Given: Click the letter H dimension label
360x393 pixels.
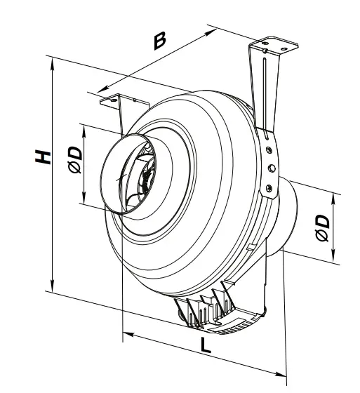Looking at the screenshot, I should pyautogui.click(x=44, y=156).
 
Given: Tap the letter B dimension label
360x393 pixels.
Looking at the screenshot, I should pyautogui.click(x=160, y=41).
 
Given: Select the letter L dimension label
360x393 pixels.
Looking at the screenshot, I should pyautogui.click(x=204, y=345).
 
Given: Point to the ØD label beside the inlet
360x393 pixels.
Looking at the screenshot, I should pyautogui.click(x=75, y=161).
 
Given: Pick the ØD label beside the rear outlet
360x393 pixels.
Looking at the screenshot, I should pyautogui.click(x=323, y=227).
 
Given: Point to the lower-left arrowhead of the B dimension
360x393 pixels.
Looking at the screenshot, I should pyautogui.click(x=100, y=91).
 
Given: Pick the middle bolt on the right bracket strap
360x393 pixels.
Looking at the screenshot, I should pyautogui.click(x=270, y=167).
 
